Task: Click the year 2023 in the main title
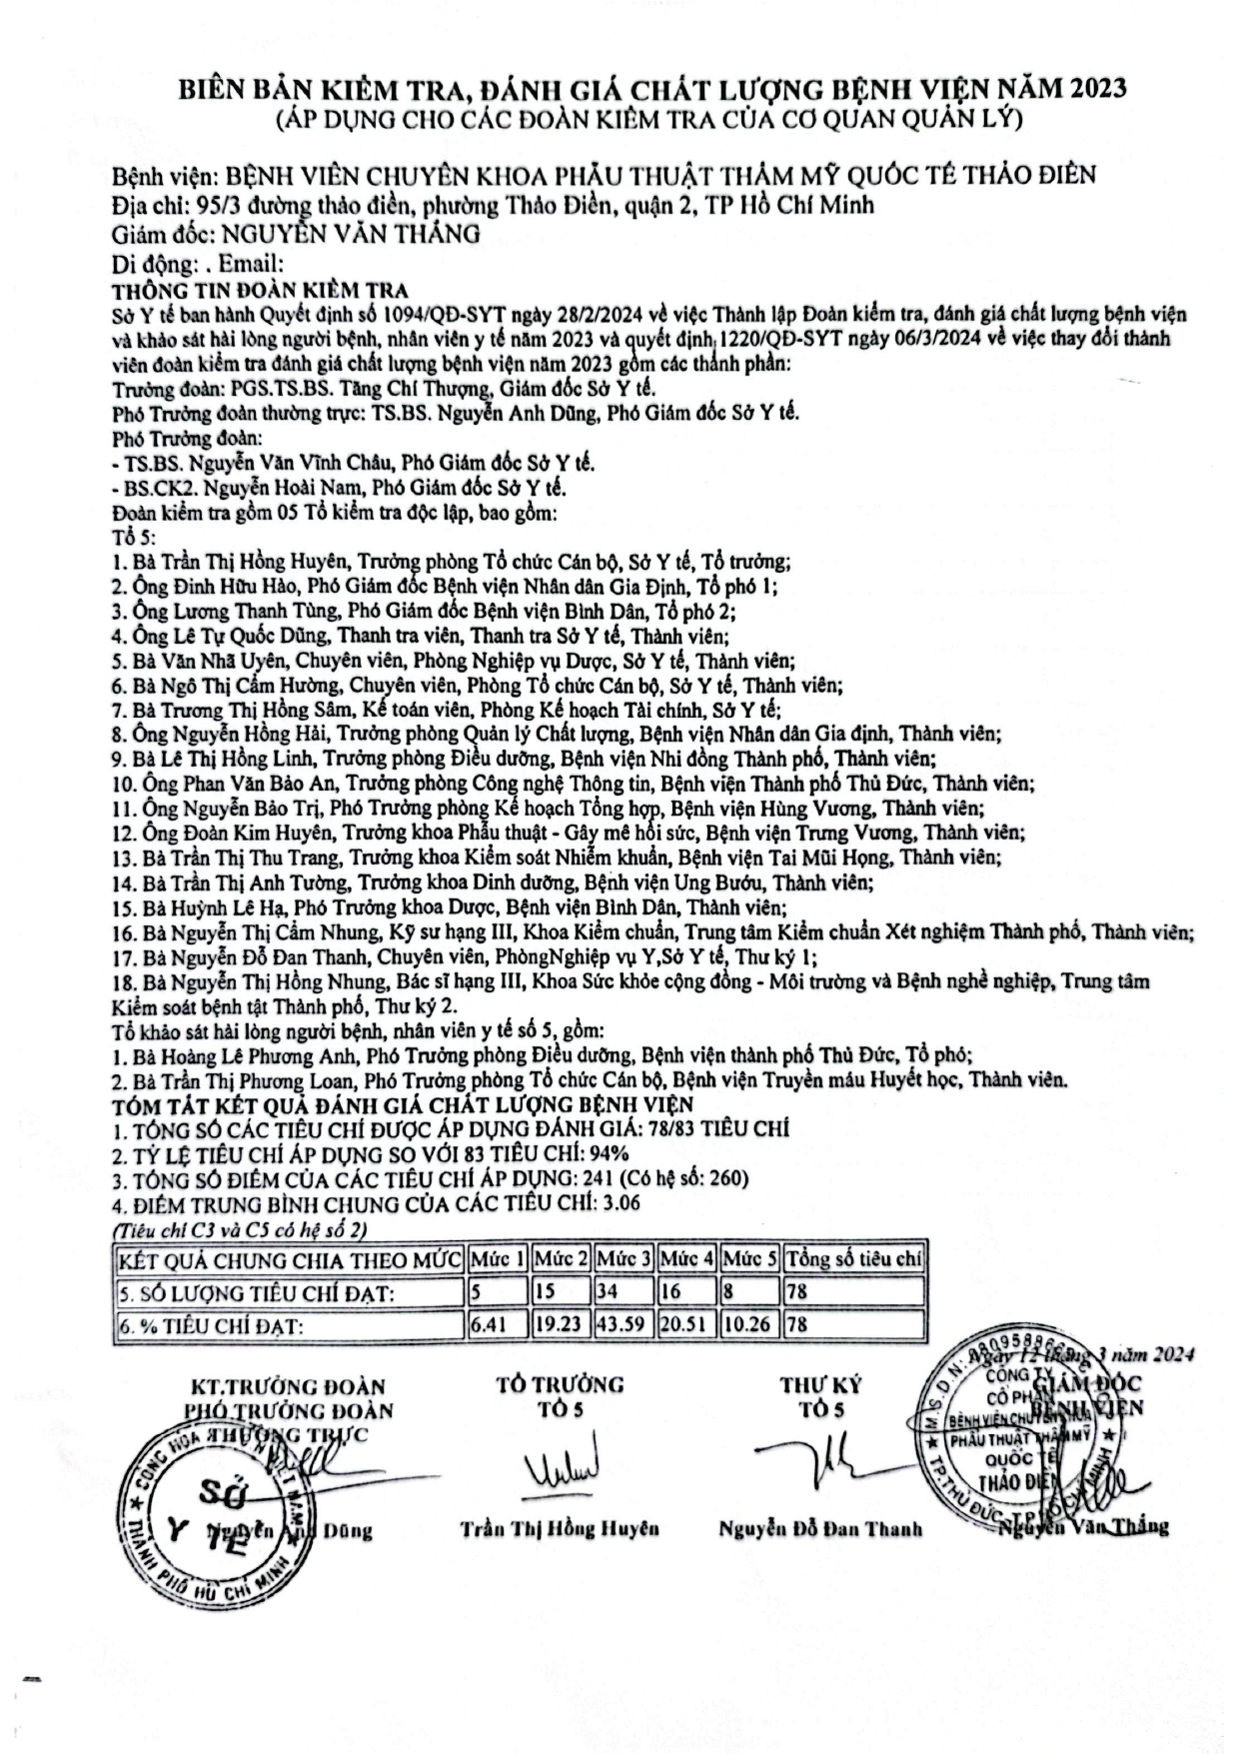point(1097,89)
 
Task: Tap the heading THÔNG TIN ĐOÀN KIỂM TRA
point(260,290)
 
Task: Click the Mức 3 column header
point(623,1258)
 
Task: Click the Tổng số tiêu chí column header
point(853,1258)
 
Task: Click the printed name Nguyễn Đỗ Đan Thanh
point(820,1529)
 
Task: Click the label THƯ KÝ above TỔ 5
point(820,1385)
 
